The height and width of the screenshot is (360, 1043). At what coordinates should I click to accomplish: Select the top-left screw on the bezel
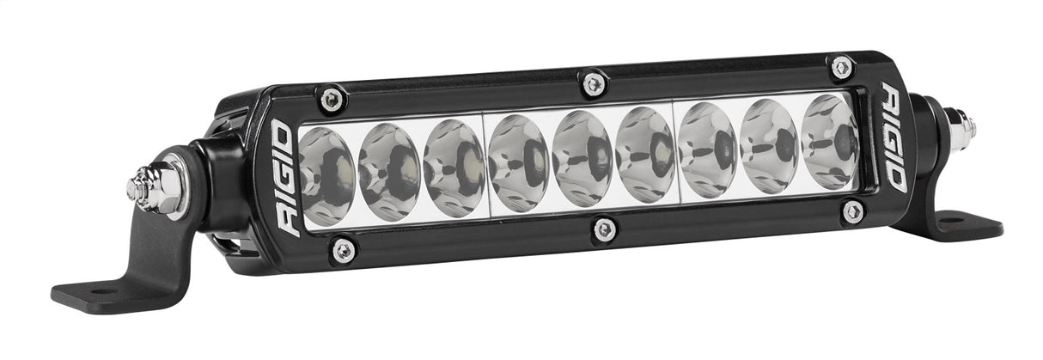click(332, 99)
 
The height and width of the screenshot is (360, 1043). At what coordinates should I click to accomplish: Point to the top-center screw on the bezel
click(593, 82)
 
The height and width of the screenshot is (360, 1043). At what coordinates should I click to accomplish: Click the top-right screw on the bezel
click(841, 66)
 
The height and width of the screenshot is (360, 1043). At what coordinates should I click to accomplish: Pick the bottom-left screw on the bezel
click(344, 250)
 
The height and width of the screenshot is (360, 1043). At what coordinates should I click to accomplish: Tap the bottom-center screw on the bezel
click(605, 229)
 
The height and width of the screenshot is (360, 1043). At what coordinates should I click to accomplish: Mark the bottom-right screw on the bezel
click(852, 211)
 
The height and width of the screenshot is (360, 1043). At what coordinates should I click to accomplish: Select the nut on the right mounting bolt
click(962, 126)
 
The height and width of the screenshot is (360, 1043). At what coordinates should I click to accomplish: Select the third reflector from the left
click(454, 167)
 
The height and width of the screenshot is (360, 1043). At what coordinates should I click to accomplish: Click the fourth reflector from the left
click(518, 162)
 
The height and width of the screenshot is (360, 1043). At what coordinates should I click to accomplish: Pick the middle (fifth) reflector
click(582, 157)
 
